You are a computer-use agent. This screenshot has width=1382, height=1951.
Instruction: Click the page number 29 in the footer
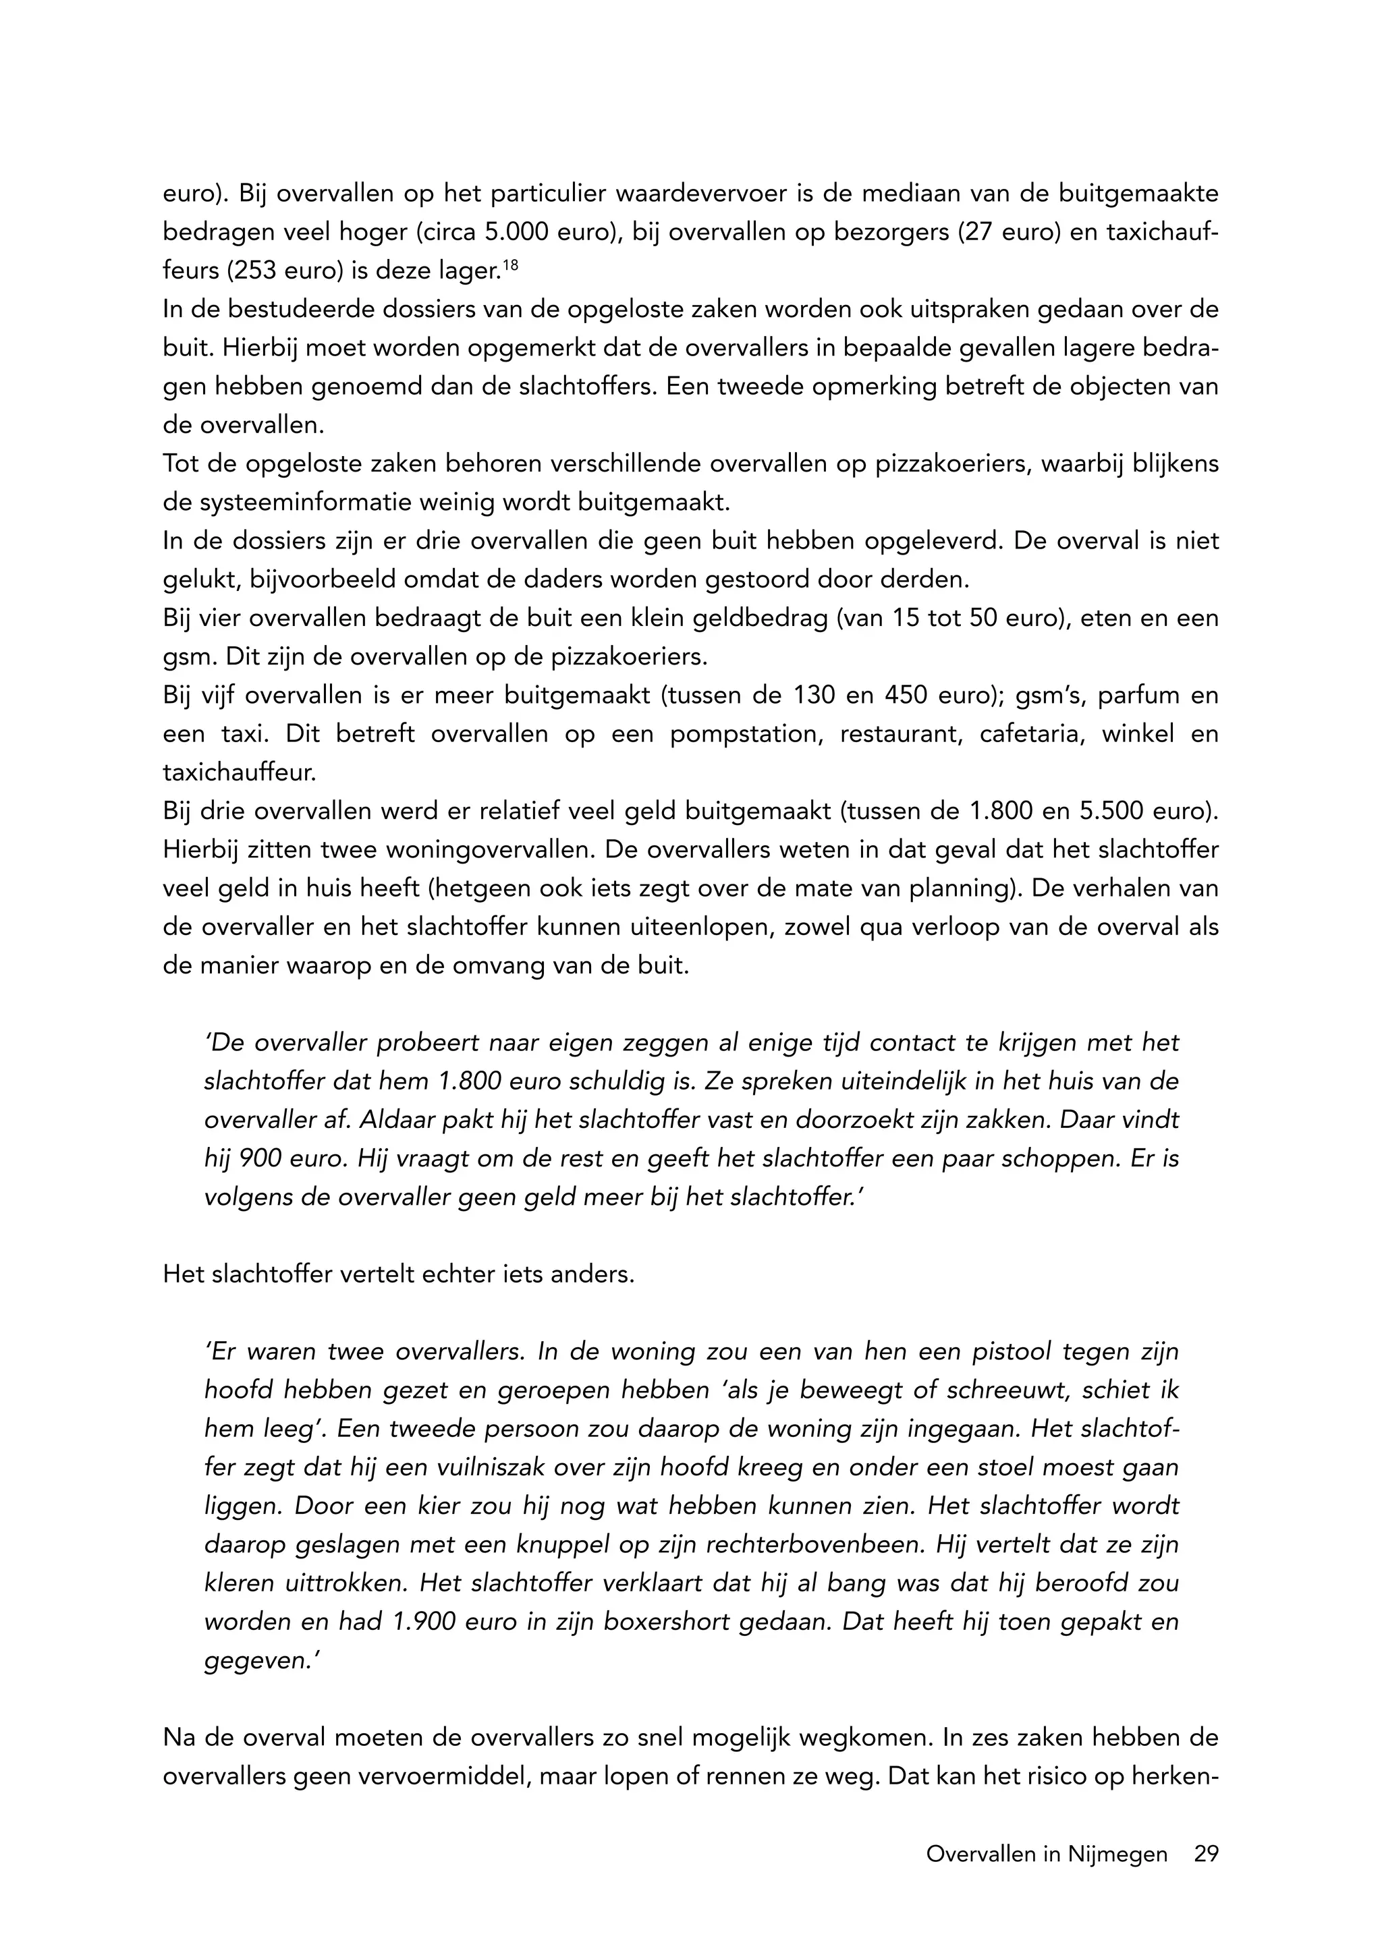coord(1206,1854)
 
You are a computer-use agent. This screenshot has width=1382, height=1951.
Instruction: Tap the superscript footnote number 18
coord(509,266)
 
